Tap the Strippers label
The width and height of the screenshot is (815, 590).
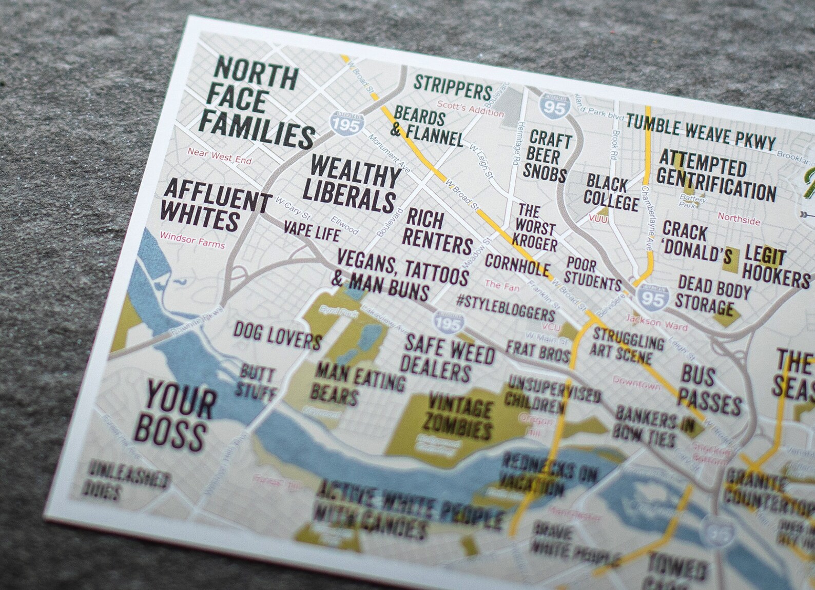point(453,87)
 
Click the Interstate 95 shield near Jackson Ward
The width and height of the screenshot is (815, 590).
point(652,298)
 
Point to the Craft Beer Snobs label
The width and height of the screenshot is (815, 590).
point(547,156)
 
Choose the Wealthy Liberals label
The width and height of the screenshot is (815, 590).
point(355,183)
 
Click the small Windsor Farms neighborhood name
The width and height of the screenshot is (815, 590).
point(192,240)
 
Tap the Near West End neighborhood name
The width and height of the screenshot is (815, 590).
point(219,156)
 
